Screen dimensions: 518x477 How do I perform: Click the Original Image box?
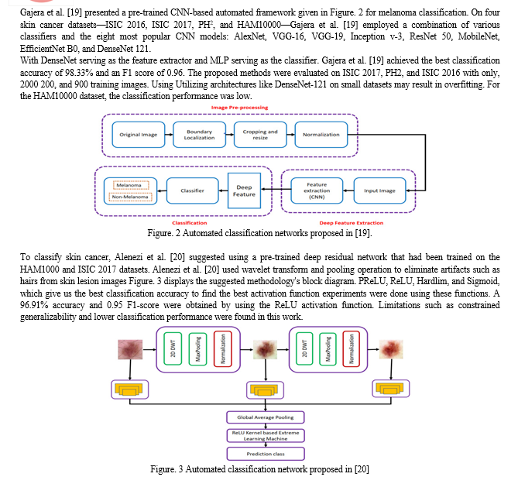click(139, 135)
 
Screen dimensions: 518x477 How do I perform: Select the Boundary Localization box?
click(199, 135)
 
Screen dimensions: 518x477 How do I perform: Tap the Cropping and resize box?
click(260, 135)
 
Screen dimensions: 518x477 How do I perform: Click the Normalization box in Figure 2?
click(321, 135)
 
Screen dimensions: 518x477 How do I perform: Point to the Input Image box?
click(379, 190)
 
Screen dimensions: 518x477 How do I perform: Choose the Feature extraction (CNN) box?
click(317, 190)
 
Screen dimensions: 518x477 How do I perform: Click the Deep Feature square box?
click(244, 190)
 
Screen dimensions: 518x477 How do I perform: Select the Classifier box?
click(192, 190)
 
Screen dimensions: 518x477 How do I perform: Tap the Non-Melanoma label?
click(130, 197)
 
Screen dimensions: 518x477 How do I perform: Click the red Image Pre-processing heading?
click(239, 108)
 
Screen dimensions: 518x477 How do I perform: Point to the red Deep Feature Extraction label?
click(352, 223)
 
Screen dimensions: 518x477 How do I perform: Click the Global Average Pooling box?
click(266, 417)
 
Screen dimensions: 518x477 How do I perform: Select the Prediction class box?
click(266, 454)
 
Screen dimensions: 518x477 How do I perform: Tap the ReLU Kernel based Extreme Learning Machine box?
click(266, 436)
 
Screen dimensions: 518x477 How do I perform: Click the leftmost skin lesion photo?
click(130, 349)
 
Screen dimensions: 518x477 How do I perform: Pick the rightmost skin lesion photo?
click(391, 349)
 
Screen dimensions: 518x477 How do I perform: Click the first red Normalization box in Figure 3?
click(223, 348)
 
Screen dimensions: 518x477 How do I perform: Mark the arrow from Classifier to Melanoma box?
click(162, 190)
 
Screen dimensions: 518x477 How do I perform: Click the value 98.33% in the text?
click(78, 73)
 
